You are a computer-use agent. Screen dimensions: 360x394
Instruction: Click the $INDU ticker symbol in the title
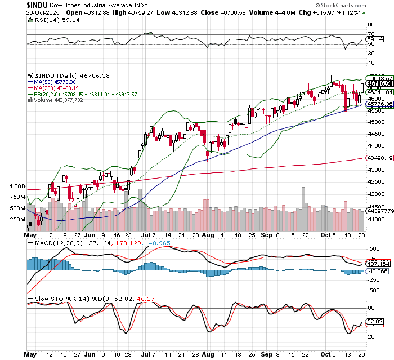pyautogui.click(x=14, y=4)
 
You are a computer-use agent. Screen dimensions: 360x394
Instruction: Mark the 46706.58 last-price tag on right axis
pyautogui.click(x=380, y=83)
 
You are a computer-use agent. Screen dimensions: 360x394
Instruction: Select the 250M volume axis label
pyautogui.click(x=17, y=220)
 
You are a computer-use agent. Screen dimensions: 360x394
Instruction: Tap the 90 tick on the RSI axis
pyautogui.click(x=371, y=25)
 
